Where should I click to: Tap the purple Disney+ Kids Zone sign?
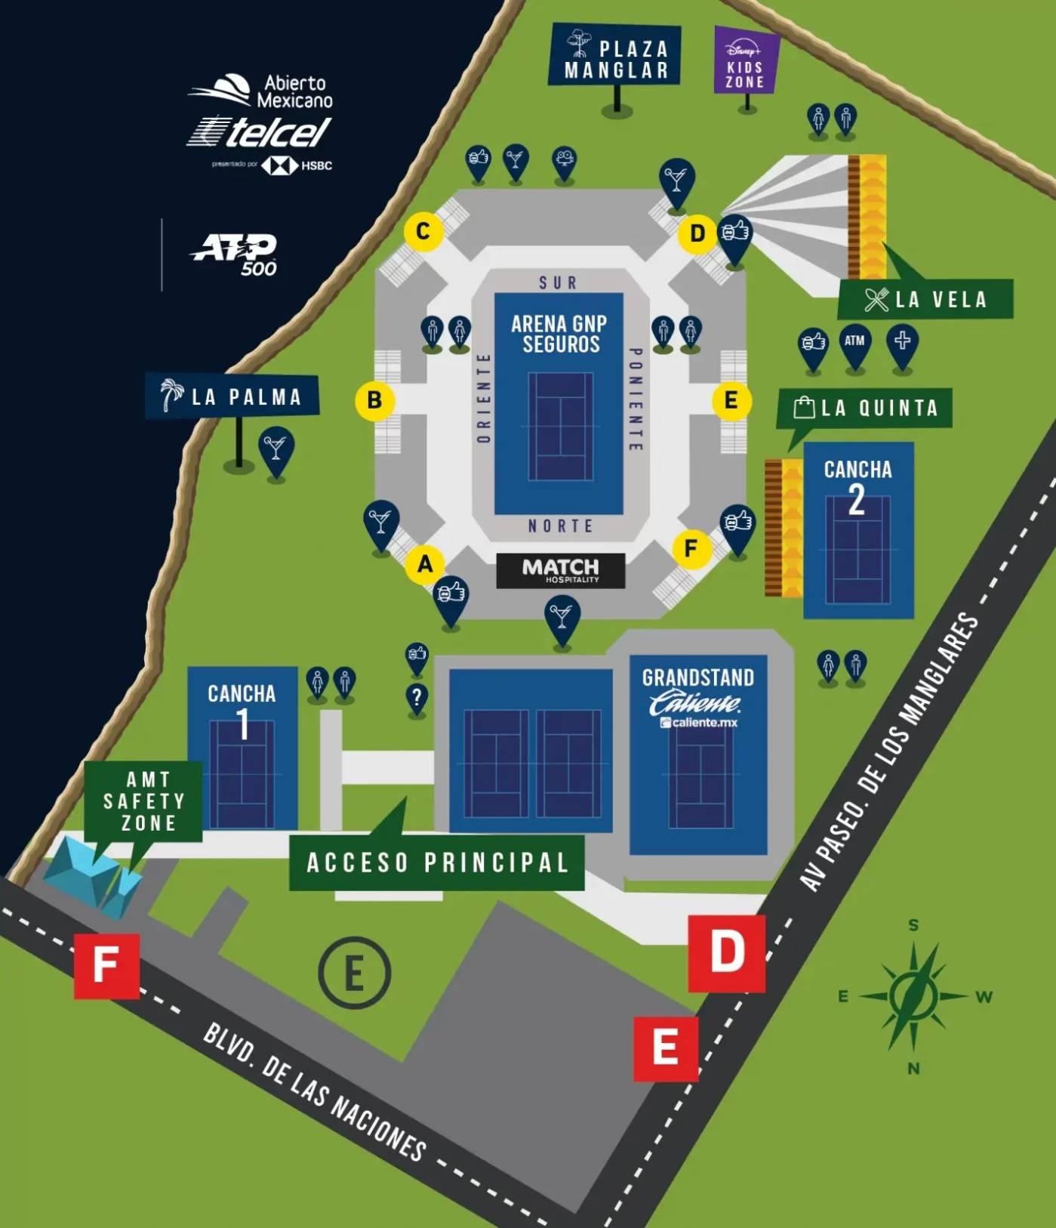click(745, 62)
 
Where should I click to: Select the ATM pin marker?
click(854, 343)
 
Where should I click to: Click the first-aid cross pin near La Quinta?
click(902, 343)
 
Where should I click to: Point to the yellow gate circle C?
click(423, 231)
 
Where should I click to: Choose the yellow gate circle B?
click(374, 400)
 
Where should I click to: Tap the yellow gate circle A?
click(425, 563)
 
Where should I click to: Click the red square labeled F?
click(106, 965)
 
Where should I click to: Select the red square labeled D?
click(726, 952)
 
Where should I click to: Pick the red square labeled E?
click(665, 1048)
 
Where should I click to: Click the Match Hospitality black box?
click(560, 570)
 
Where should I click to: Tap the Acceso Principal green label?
click(437, 862)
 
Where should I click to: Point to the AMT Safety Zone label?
click(144, 801)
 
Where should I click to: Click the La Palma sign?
click(232, 396)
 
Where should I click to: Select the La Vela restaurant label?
click(925, 299)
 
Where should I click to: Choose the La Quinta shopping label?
click(865, 409)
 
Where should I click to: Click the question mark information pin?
click(417, 698)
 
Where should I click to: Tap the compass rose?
click(913, 996)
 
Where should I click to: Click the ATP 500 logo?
click(236, 254)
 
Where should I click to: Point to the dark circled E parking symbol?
click(354, 973)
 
